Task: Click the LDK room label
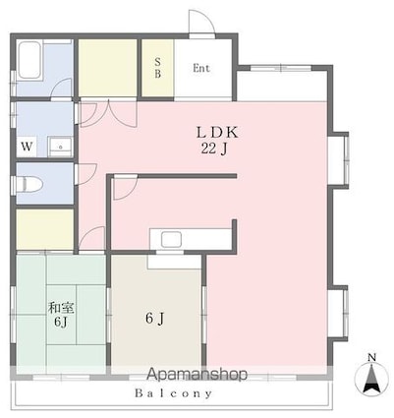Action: point(219,132)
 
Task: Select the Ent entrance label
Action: point(200,69)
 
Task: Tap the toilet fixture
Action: point(29,183)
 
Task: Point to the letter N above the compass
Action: point(370,356)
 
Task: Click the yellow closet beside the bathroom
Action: point(108,68)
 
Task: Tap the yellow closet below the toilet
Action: point(44,229)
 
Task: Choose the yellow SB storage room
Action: point(158,68)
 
